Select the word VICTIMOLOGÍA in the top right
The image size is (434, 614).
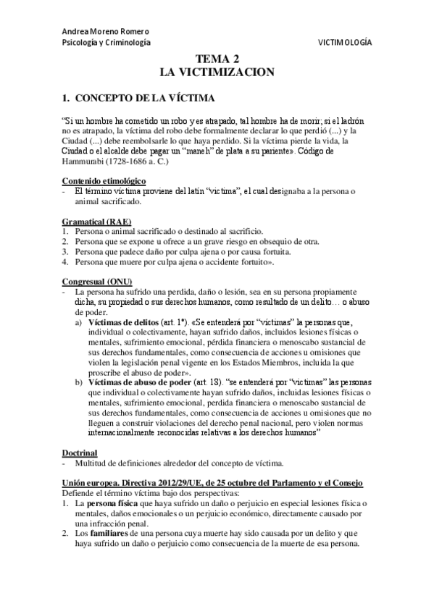(345, 43)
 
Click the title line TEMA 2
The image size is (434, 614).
(217, 61)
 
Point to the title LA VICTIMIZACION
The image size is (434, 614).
(217, 72)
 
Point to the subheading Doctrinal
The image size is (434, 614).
(79, 452)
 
